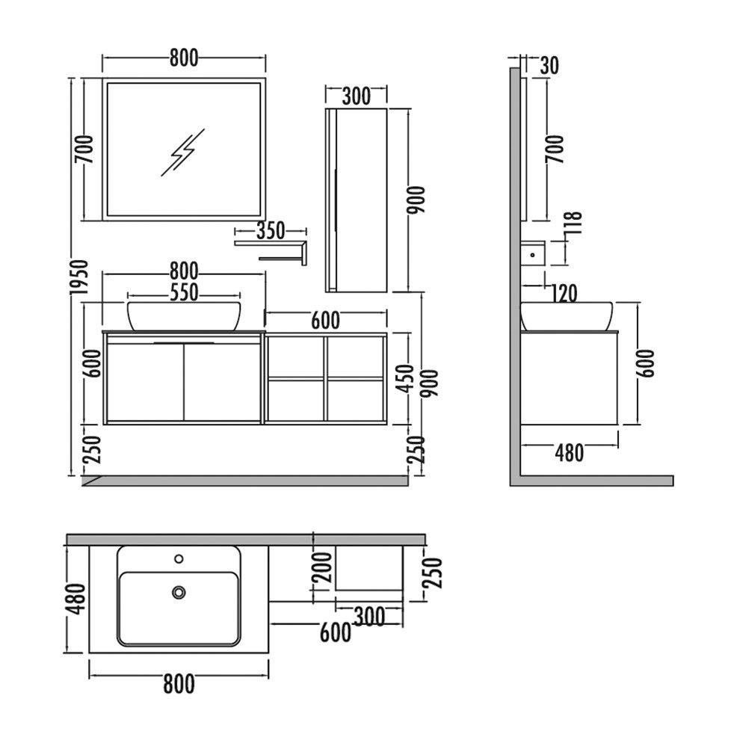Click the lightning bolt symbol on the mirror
[x=182, y=152]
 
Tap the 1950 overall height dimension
[x=78, y=277]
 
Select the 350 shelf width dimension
[x=271, y=231]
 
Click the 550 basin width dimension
[x=184, y=292]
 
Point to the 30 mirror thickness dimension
[x=549, y=66]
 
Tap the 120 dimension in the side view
[x=564, y=294]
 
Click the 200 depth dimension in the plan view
[x=324, y=567]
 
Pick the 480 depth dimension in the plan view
[x=76, y=599]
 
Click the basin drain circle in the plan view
[x=179, y=592]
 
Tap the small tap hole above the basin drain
[x=179, y=559]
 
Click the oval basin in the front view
[x=184, y=315]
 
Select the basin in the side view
[x=567, y=316]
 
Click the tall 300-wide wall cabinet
[x=357, y=200]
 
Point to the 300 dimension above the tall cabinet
[x=357, y=96]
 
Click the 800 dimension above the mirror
[x=184, y=58]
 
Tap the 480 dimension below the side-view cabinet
[x=569, y=453]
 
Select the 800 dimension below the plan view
[x=179, y=684]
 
